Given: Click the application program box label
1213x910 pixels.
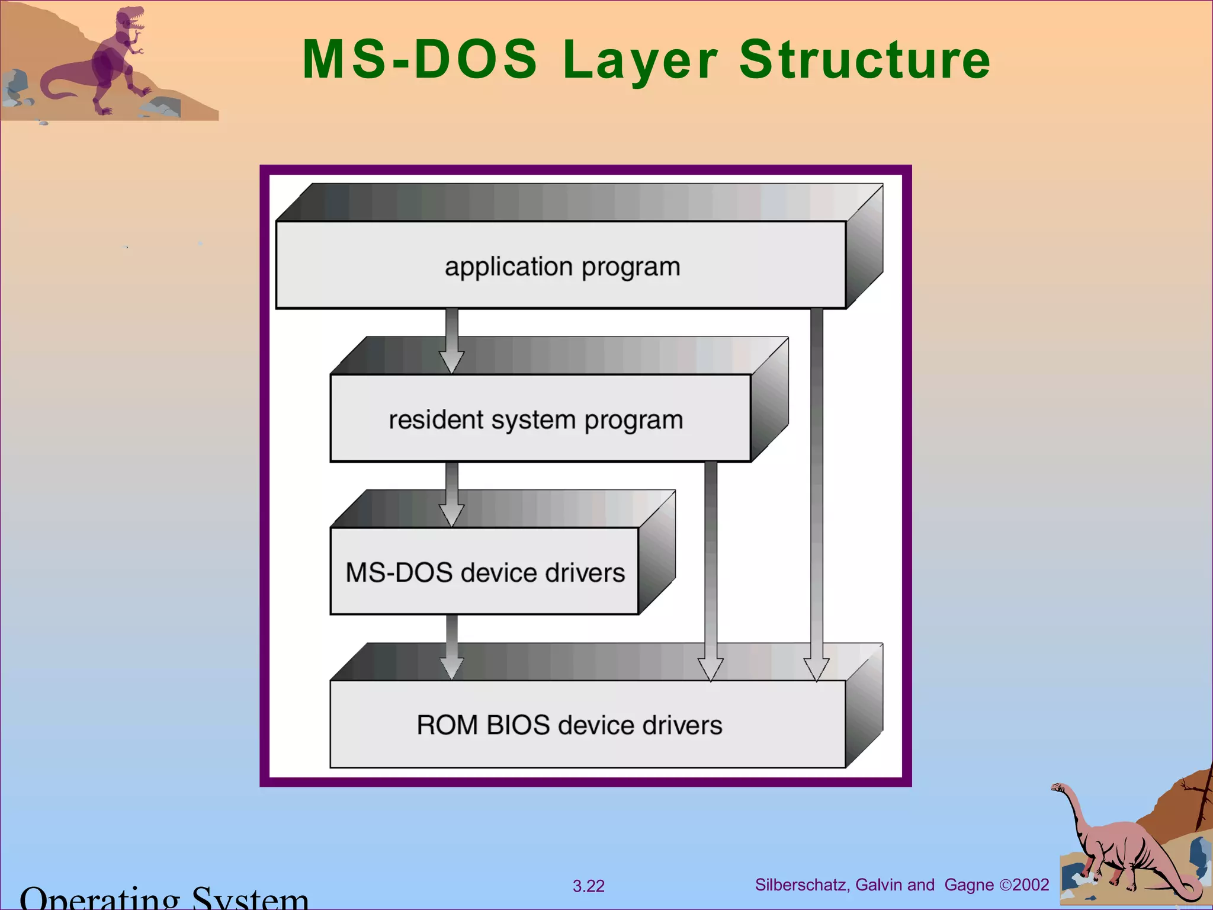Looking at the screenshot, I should (x=562, y=267).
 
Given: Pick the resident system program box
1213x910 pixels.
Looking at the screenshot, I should (x=535, y=419).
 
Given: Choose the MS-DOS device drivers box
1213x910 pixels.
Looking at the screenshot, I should (x=484, y=572).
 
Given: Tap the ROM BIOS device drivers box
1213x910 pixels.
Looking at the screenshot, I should (x=569, y=725).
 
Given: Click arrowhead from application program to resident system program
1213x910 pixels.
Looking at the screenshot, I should (x=451, y=361).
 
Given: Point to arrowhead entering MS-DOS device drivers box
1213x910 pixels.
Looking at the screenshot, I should (x=451, y=514).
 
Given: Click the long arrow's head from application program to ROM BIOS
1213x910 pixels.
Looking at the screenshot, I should (x=816, y=669).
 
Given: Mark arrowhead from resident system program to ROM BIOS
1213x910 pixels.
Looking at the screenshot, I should (x=711, y=669).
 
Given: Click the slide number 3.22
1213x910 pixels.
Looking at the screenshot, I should (x=588, y=886).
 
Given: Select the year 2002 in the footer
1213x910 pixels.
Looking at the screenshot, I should (x=1031, y=885).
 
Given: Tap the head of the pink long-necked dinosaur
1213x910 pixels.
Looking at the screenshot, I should (x=1058, y=788).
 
